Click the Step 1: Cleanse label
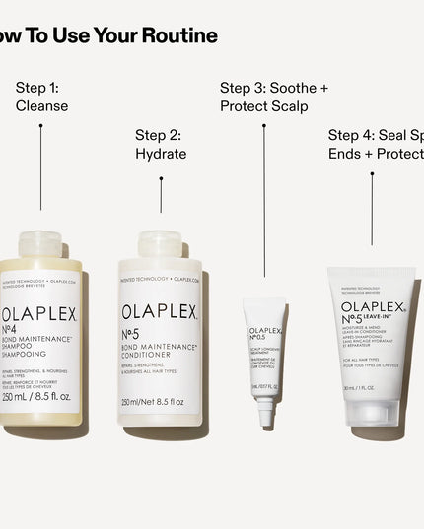pyautogui.click(x=41, y=97)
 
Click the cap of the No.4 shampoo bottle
pyautogui.click(x=40, y=244)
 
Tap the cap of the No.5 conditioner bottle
pyautogui.click(x=160, y=244)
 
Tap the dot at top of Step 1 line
pyautogui.click(x=40, y=125)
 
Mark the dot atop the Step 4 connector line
pyautogui.click(x=372, y=174)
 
